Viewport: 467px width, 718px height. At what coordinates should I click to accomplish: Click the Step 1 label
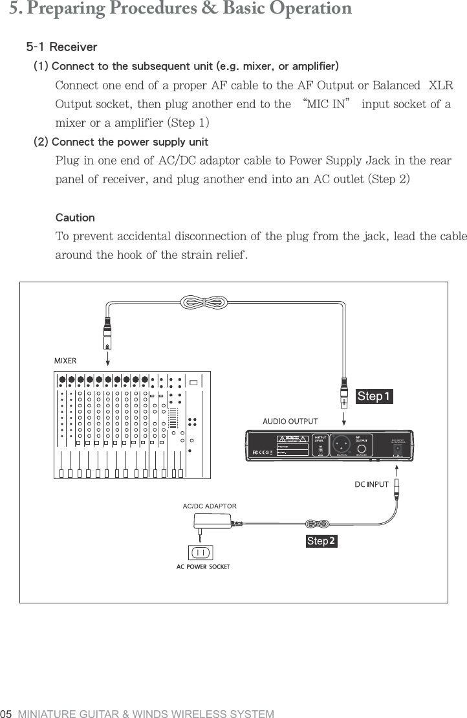(375, 396)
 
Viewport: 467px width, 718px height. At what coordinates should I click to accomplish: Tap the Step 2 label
(321, 541)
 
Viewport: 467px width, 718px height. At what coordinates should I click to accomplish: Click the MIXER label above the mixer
(65, 361)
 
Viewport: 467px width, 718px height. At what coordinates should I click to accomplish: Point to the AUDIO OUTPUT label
(289, 421)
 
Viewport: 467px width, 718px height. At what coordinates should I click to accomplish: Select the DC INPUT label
(371, 484)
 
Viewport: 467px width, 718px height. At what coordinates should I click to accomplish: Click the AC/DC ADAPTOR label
(210, 506)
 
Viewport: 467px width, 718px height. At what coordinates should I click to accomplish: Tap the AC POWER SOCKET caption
(203, 567)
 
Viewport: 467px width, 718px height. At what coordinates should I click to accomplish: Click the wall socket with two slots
(200, 552)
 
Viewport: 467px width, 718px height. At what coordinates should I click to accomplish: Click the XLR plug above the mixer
(108, 330)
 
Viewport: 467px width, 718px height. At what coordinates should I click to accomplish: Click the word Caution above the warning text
(75, 218)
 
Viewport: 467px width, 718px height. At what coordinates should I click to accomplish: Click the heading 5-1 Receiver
(61, 47)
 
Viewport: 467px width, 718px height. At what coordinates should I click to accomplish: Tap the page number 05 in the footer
(7, 713)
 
